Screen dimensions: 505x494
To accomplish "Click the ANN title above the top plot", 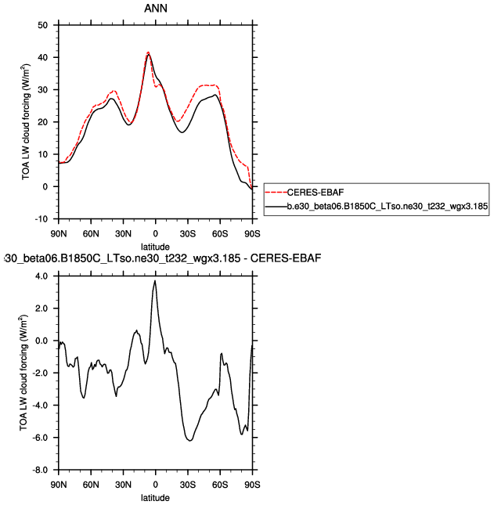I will [155, 9].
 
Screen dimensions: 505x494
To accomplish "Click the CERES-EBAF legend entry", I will [316, 192].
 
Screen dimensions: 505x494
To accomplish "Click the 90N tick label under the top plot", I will [59, 233].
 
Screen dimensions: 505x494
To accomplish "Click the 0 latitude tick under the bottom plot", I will [155, 485].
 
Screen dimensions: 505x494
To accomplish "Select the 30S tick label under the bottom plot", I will [187, 485].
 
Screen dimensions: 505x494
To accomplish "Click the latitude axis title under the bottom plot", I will [155, 497].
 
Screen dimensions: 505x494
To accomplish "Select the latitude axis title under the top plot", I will [155, 247].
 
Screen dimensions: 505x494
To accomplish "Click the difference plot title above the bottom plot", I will [161, 258].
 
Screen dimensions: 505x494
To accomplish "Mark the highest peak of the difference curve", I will [155, 281].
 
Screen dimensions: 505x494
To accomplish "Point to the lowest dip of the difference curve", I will [189, 441].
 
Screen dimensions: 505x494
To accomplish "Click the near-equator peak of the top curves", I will [148, 52].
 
